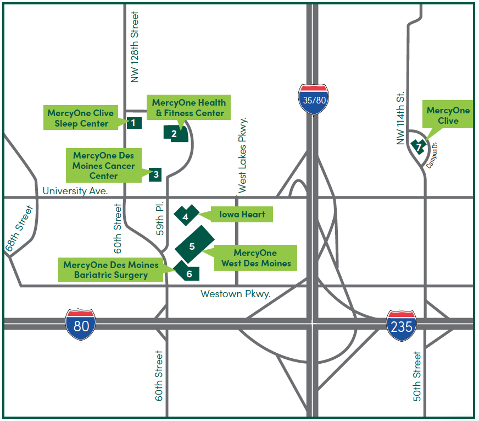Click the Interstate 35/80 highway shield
pyautogui.click(x=314, y=100)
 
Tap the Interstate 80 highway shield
pyautogui.click(x=81, y=325)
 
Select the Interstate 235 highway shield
pyautogui.click(x=401, y=326)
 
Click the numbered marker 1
pyautogui.click(x=133, y=123)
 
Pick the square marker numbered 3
pyautogui.click(x=156, y=174)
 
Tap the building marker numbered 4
pyautogui.click(x=186, y=216)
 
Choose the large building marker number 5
pyautogui.click(x=193, y=245)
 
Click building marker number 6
pyautogui.click(x=188, y=272)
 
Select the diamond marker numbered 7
pyautogui.click(x=419, y=147)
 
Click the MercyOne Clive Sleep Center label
pyautogui.click(x=80, y=118)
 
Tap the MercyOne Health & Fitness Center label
pyautogui.click(x=188, y=107)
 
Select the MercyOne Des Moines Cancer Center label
pyautogui.click(x=104, y=166)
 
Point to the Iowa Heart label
pyautogui.click(x=242, y=214)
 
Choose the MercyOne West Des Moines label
pyautogui.click(x=255, y=258)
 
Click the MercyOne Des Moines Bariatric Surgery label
pyautogui.click(x=110, y=269)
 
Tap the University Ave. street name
pyautogui.click(x=75, y=191)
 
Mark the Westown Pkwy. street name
pyautogui.click(x=236, y=294)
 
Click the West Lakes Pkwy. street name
pyautogui.click(x=242, y=155)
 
